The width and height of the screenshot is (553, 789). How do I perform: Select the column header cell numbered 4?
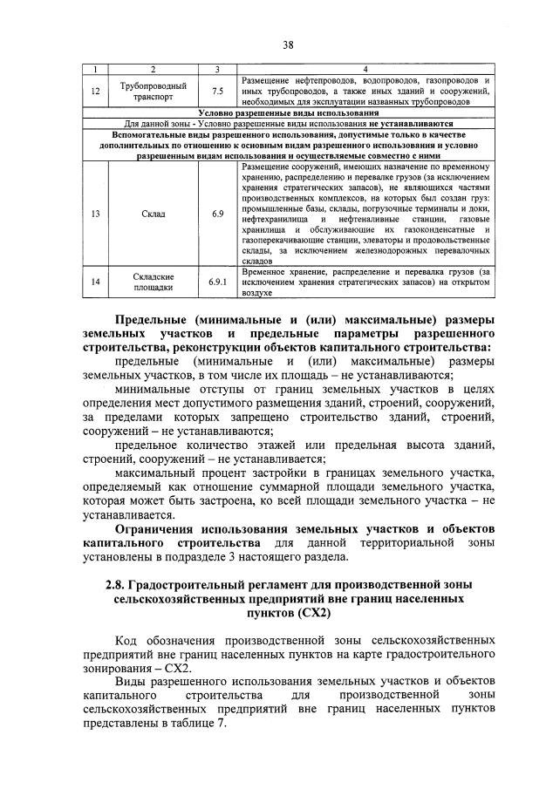(x=365, y=69)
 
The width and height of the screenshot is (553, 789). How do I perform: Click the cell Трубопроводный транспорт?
(x=154, y=91)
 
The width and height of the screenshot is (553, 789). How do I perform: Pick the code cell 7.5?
(x=217, y=91)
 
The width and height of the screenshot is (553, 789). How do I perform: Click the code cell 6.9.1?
(x=217, y=282)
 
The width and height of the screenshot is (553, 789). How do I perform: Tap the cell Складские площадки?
(x=154, y=282)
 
